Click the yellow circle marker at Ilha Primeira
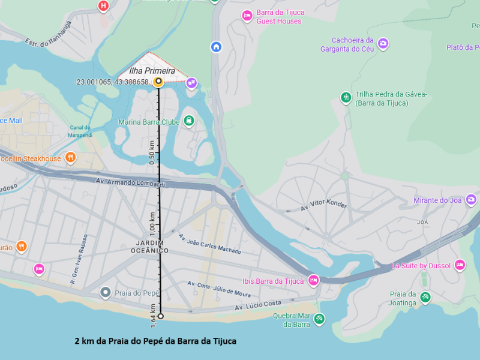point(158,82)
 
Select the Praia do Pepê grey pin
point(106,292)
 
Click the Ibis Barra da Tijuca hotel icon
point(313,280)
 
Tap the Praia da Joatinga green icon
point(425,297)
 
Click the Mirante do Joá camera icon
point(472,199)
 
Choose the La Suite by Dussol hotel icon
point(460,265)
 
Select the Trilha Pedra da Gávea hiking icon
point(346,97)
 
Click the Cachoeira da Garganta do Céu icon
point(383,43)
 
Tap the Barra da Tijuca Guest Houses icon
point(247,16)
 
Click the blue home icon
point(216,46)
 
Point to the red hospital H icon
point(104,6)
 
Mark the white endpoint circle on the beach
point(160,316)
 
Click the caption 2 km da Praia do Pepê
point(155,341)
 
